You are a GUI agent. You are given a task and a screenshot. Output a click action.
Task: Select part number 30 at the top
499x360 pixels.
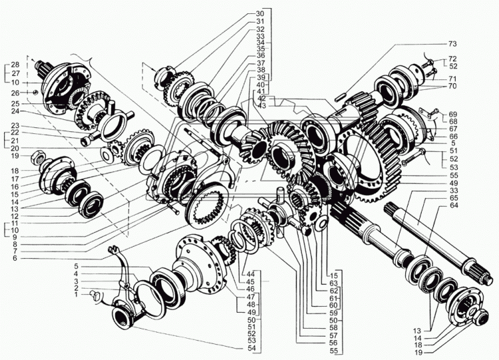pos(259,13)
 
